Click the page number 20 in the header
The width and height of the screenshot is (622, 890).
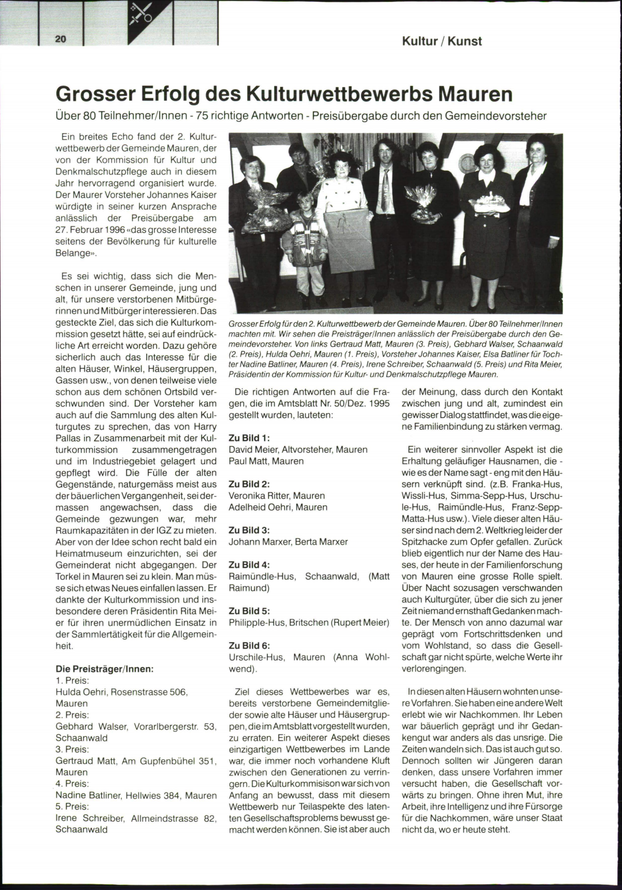[61, 39]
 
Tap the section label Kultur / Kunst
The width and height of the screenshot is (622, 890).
[442, 41]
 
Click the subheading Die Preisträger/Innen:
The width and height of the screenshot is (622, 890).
[104, 669]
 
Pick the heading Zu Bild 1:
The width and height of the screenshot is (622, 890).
[249, 438]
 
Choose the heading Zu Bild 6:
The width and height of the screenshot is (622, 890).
[249, 645]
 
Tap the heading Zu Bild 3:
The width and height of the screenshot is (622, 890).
[249, 530]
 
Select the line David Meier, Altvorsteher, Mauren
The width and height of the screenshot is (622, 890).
[298, 449]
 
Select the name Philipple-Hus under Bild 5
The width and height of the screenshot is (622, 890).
[256, 622]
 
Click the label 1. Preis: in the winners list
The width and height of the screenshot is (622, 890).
[72, 680]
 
